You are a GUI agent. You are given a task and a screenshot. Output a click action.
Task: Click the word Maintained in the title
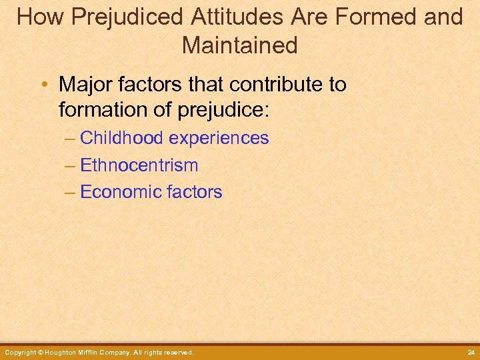(239, 45)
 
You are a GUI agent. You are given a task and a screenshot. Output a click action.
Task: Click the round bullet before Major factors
(45, 85)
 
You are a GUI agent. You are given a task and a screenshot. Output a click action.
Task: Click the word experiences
(219, 138)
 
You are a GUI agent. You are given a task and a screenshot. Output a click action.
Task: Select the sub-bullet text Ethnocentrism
(139, 165)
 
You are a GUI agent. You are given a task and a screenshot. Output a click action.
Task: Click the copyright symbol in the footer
(41, 352)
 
